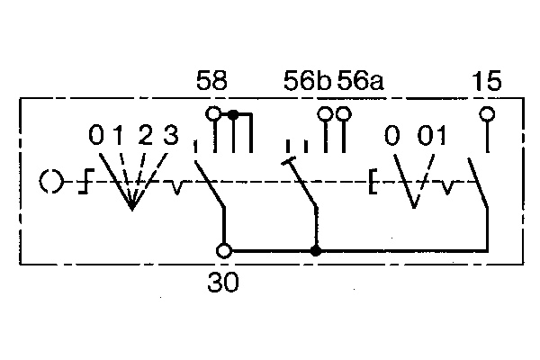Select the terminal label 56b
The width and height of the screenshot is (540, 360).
[306, 84]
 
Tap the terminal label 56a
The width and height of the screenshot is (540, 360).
[360, 84]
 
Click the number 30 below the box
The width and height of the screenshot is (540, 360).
[223, 283]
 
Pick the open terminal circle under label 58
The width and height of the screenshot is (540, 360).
[213, 114]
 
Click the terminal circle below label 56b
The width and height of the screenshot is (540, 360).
[326, 114]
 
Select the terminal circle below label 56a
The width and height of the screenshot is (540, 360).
[342, 114]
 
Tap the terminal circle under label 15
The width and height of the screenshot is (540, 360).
[487, 114]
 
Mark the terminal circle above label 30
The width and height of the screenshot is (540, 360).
[225, 251]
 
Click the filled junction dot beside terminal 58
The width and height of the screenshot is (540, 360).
[234, 114]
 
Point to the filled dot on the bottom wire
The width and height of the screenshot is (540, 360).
[316, 251]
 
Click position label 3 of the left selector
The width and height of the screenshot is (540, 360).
[171, 137]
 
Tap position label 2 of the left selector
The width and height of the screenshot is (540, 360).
[146, 137]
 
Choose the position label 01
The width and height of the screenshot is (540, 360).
[432, 137]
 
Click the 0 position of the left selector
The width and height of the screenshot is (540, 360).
[96, 137]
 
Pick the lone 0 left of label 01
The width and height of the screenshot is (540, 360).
[392, 137]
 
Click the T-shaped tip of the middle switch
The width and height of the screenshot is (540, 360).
[289, 162]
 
